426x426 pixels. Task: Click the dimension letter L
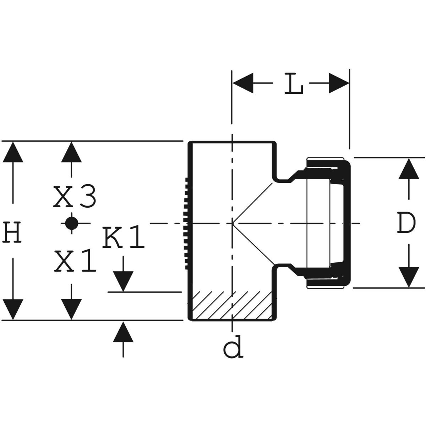click(x=294, y=84)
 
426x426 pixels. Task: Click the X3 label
click(x=75, y=198)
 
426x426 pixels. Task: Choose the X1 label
click(x=75, y=262)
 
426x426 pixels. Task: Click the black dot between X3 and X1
click(x=72, y=223)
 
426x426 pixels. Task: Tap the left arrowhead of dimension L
click(x=243, y=84)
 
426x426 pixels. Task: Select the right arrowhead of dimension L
click(x=338, y=84)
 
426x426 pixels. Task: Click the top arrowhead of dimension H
click(x=14, y=152)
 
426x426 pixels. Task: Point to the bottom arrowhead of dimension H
click(x=14, y=309)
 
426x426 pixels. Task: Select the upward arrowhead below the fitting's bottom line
click(x=123, y=332)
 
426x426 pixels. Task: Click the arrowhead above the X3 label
click(x=72, y=152)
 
